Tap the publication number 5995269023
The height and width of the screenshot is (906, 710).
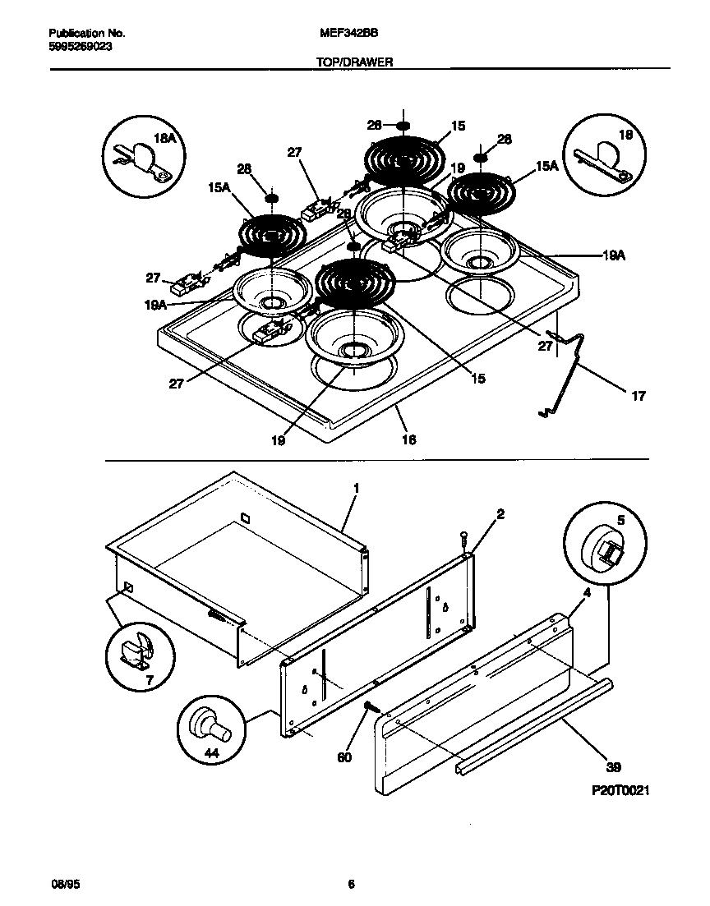click(x=81, y=47)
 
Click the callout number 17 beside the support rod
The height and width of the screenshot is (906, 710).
click(x=638, y=396)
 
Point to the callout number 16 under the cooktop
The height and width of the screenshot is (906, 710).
click(x=408, y=439)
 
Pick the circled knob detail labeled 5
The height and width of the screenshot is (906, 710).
click(x=602, y=545)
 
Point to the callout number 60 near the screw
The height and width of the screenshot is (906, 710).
click(x=344, y=757)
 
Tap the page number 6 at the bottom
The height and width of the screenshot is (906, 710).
click(x=351, y=884)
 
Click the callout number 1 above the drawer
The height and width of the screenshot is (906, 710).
click(x=355, y=488)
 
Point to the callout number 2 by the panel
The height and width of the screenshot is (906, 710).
click(x=500, y=514)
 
